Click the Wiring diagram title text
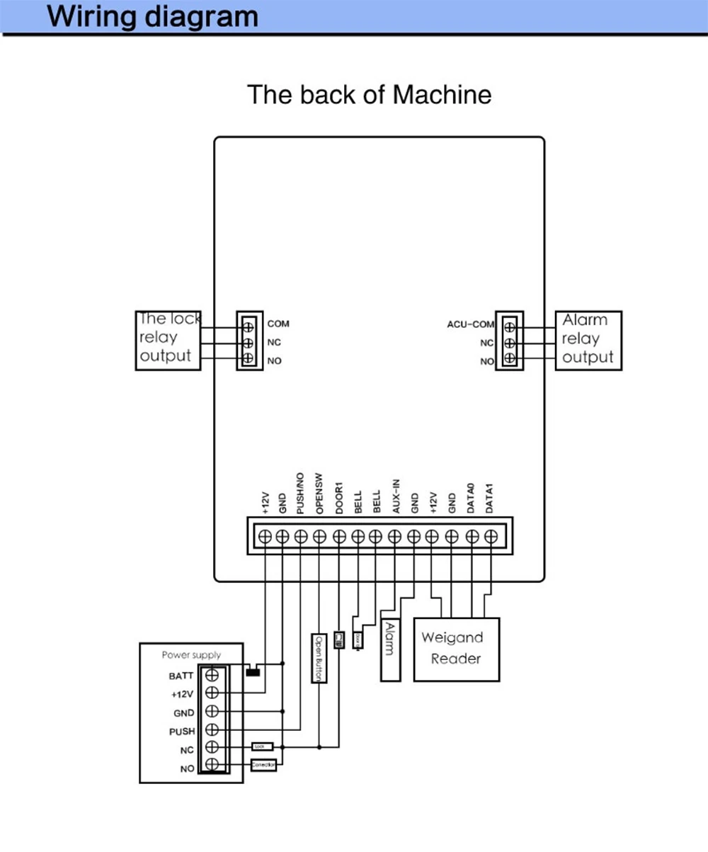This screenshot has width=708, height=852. [153, 16]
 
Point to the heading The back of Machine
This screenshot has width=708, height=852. [369, 94]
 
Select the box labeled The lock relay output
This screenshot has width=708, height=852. [168, 339]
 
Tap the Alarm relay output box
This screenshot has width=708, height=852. [588, 340]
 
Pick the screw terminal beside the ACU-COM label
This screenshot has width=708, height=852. [510, 326]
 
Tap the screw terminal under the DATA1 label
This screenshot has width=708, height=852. [491, 536]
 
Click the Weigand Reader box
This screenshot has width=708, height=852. [456, 649]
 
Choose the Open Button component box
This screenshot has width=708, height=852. [319, 657]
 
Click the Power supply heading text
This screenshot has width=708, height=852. [191, 655]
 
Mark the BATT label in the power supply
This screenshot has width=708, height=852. [182, 676]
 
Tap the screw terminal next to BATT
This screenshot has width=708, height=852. [212, 675]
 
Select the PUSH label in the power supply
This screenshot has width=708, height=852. [182, 731]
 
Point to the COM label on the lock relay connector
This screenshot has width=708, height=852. [278, 324]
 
